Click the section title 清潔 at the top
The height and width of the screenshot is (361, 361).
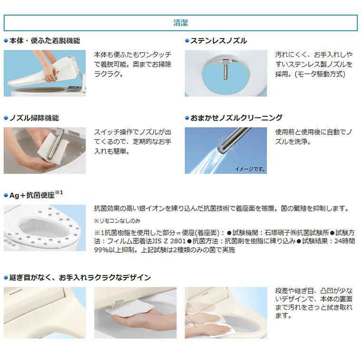click(180, 22)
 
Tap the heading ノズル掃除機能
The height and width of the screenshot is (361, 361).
click(34, 118)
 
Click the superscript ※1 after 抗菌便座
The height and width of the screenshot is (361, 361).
click(59, 193)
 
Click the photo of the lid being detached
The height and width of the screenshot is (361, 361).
click(45, 73)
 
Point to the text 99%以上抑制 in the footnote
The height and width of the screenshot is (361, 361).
click(114, 249)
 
